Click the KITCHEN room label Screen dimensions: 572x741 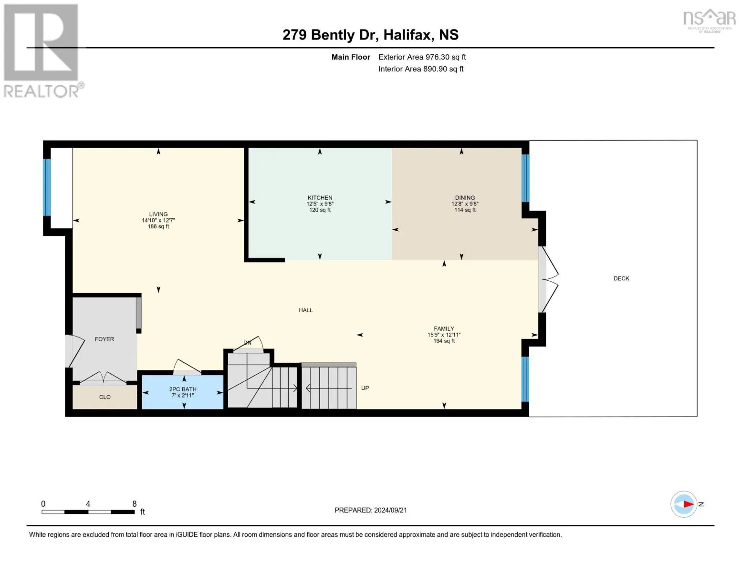coord(320,197)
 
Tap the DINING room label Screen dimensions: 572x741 coord(465,197)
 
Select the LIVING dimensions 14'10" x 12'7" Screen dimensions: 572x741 coord(158,220)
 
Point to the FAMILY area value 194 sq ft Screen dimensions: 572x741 coord(444,341)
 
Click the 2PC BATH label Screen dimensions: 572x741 coord(183,389)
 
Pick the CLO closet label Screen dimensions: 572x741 coord(105,397)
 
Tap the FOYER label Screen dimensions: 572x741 coord(104,339)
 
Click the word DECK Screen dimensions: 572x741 coord(621,278)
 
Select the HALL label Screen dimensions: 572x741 coord(306,310)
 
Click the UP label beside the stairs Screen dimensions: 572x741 coord(365,388)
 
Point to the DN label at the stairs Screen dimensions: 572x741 coord(247,343)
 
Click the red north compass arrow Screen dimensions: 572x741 coord(688,504)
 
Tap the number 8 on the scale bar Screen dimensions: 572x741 coord(135,504)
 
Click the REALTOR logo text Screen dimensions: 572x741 coord(42,91)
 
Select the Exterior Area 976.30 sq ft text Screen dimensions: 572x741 coord(422,57)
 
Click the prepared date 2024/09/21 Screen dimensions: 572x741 coord(390,510)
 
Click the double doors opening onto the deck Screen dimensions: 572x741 coord(548,279)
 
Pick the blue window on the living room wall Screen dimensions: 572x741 coord(47,187)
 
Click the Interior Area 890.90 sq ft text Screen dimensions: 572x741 coord(421,69)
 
